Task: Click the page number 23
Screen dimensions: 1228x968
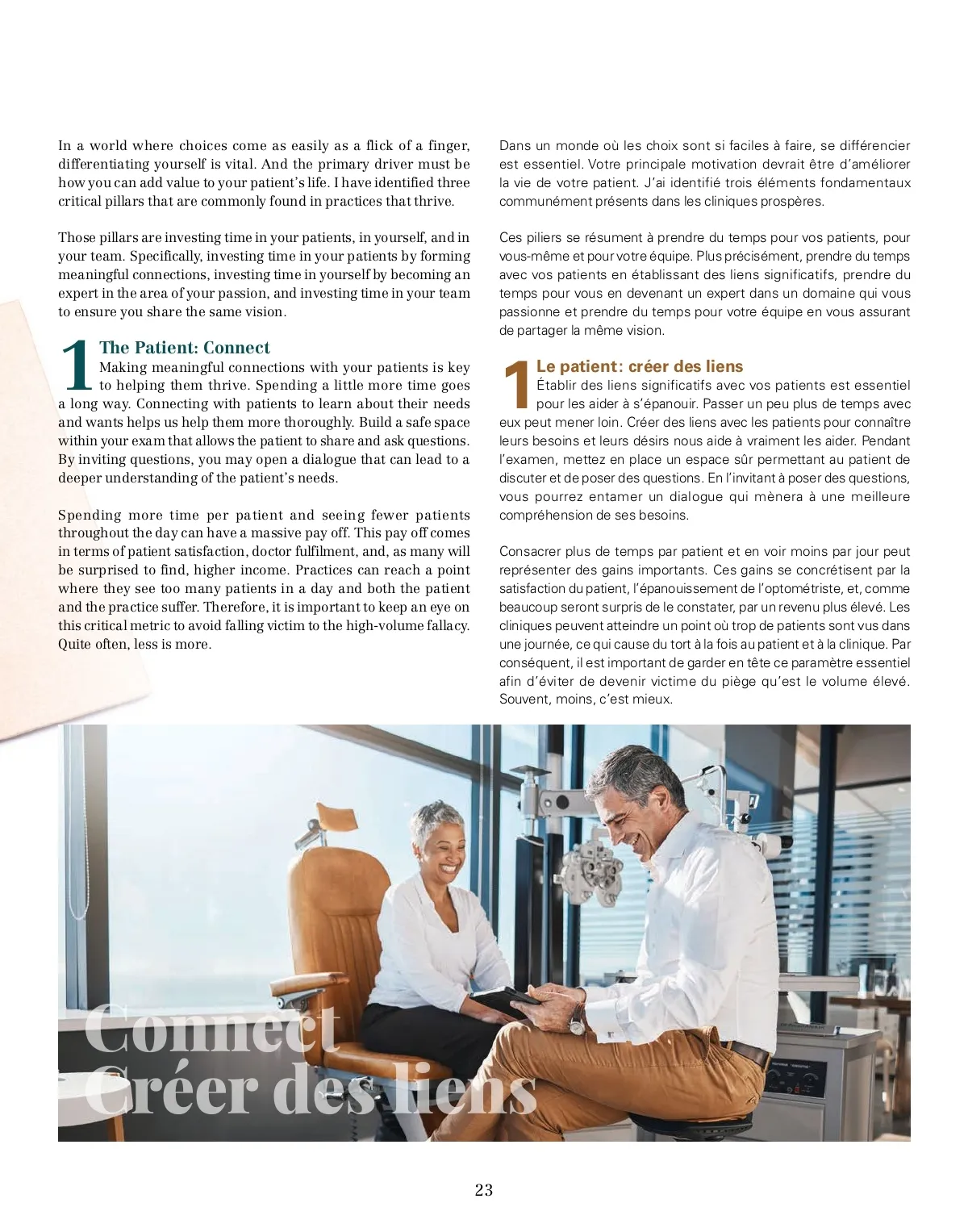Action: coord(483,1190)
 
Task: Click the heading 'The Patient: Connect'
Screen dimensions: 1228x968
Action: coord(185,348)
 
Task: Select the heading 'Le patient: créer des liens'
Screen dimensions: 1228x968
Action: coord(640,366)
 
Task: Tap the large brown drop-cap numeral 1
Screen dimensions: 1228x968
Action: coord(516,385)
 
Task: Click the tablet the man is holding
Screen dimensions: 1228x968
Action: coord(504,1000)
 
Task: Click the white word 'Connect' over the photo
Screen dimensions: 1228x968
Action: coord(211,1029)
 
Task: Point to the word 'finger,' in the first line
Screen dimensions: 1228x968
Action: coord(449,146)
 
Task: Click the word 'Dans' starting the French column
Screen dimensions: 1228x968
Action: coord(514,146)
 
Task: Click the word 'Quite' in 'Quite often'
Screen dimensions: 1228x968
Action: coord(74,645)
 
